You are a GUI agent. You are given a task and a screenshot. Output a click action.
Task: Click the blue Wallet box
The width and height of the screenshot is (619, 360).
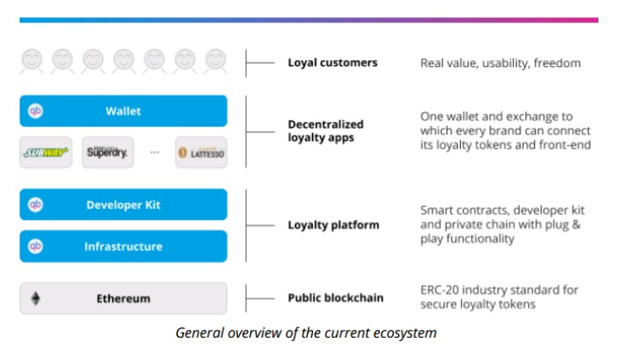click(123, 111)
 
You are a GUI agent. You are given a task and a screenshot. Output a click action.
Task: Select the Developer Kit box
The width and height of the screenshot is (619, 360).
click(123, 204)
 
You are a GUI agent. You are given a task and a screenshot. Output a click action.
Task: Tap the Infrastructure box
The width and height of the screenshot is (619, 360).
click(123, 247)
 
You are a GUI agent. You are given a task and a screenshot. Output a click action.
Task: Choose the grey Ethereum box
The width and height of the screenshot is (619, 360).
click(123, 298)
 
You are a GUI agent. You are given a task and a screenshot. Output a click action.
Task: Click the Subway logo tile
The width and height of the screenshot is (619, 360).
click(46, 152)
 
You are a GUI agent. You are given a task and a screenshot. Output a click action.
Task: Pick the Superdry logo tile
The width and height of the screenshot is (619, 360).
click(107, 152)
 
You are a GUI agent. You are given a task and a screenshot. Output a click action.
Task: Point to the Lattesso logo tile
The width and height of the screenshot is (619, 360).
click(201, 152)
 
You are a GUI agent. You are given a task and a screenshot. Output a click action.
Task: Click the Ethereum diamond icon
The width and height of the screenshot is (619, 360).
click(35, 298)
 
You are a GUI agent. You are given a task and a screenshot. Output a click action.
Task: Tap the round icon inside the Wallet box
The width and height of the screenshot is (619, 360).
click(35, 111)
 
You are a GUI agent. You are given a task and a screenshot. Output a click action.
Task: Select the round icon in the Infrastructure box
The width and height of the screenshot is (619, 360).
click(35, 247)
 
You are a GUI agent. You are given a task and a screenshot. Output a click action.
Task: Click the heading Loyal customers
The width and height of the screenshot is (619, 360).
click(333, 63)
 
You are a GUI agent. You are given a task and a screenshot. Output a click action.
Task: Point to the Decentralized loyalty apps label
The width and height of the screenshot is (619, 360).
click(326, 131)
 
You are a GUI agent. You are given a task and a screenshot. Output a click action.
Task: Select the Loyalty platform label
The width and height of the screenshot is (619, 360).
click(334, 225)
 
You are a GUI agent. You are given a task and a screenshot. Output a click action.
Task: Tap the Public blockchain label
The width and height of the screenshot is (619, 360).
click(335, 297)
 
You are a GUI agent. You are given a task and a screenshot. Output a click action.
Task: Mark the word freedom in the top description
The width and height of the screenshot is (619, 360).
click(557, 63)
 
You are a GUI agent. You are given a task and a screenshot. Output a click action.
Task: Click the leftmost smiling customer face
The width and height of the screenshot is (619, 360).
click(32, 61)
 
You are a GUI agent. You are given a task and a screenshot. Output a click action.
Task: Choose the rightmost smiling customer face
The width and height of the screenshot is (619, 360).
click(216, 61)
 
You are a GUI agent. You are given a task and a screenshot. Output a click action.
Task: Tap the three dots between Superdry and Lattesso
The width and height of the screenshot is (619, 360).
click(155, 152)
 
